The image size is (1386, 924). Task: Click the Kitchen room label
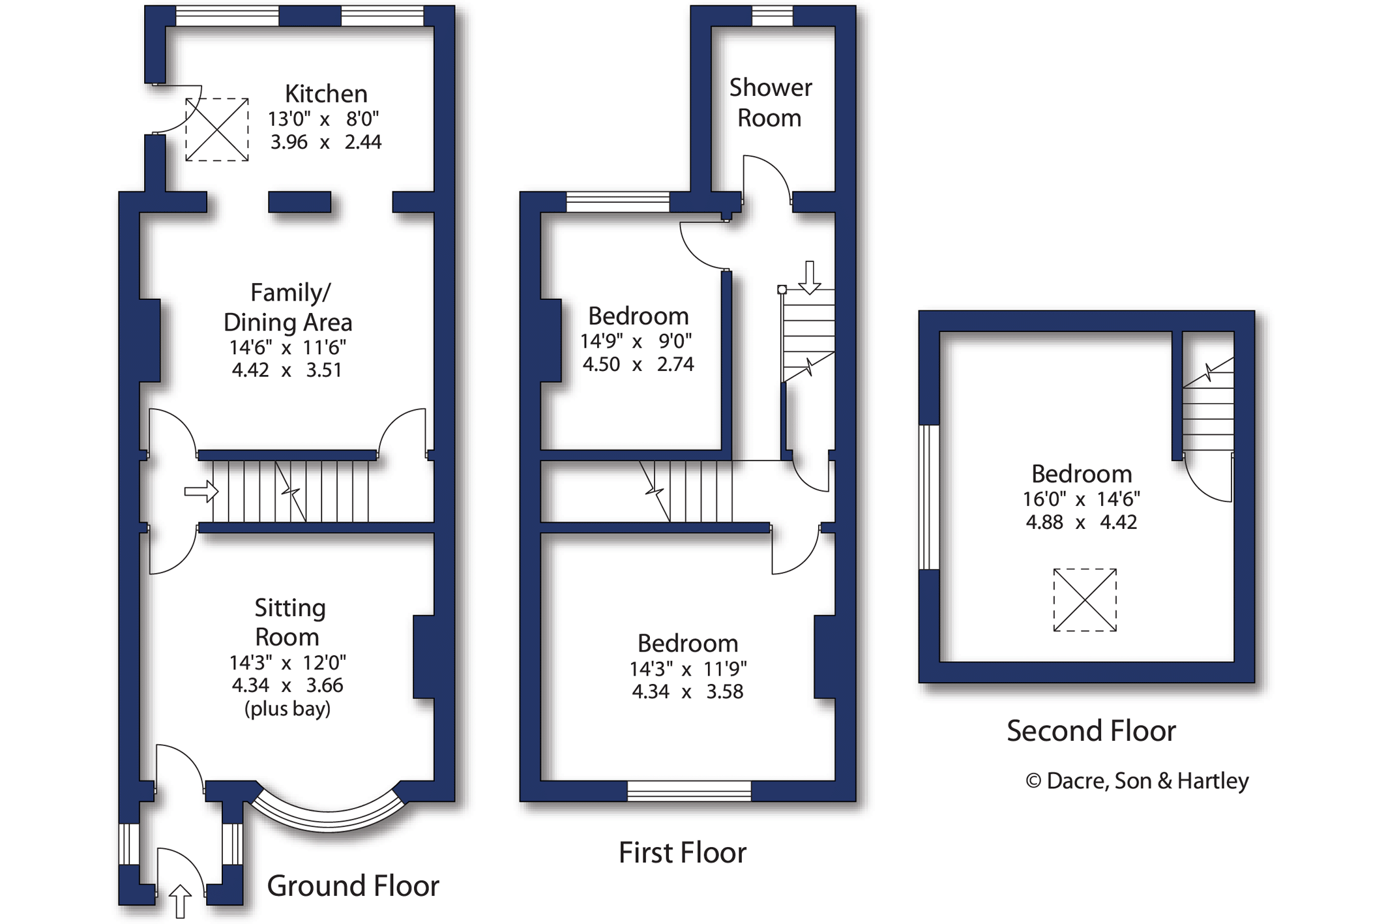pyautogui.click(x=326, y=94)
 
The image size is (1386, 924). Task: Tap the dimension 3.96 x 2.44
pyautogui.click(x=326, y=142)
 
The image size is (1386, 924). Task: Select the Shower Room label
pyautogui.click(x=771, y=102)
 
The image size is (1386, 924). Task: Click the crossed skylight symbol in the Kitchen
pyautogui.click(x=216, y=129)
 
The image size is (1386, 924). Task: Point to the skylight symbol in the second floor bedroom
pyautogui.click(x=1085, y=600)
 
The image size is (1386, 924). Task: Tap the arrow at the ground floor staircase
pyautogui.click(x=201, y=491)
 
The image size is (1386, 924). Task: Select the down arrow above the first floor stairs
pyautogui.click(x=810, y=277)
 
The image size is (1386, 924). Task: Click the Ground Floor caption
pyautogui.click(x=353, y=886)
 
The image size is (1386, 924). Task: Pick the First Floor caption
pyautogui.click(x=682, y=852)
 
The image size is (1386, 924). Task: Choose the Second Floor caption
pyautogui.click(x=1091, y=730)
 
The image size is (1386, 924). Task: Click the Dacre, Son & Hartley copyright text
pyautogui.click(x=1137, y=781)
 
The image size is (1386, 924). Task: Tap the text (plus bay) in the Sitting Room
pyautogui.click(x=288, y=708)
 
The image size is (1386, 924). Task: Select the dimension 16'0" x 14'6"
pyautogui.click(x=1081, y=499)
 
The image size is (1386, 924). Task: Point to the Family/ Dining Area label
pyautogui.click(x=288, y=307)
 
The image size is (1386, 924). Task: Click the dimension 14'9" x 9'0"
pyautogui.click(x=636, y=340)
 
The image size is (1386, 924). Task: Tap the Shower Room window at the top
pyautogui.click(x=773, y=16)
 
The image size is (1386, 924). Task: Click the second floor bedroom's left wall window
pyautogui.click(x=929, y=497)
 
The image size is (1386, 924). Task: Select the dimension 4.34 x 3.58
pyautogui.click(x=687, y=691)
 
